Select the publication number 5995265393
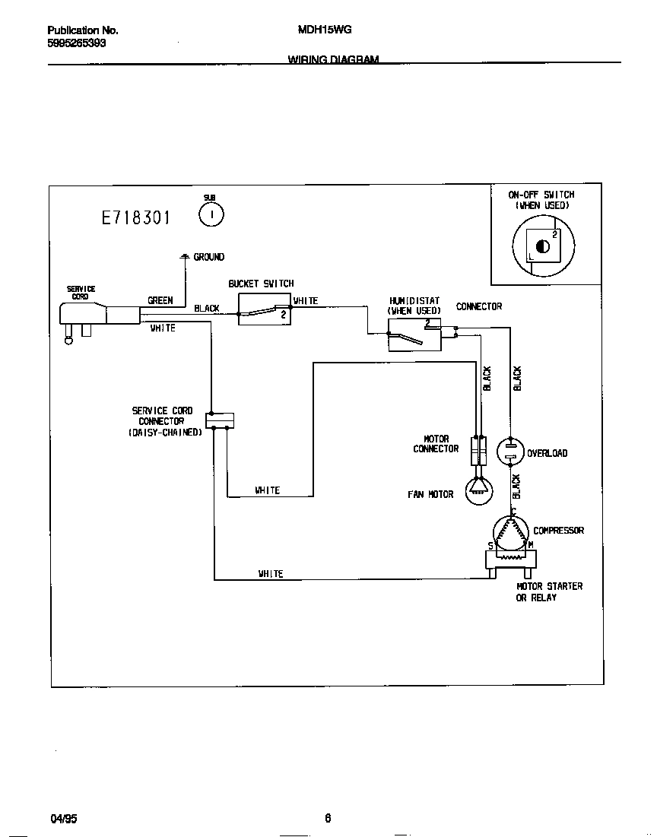coord(76,43)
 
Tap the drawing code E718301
coord(136,218)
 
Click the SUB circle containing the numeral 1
coord(211,216)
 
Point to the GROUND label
coord(208,257)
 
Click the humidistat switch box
coord(414,334)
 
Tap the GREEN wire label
coord(160,300)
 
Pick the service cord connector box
coord(220,420)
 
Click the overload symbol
coord(510,452)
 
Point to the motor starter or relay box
coord(510,561)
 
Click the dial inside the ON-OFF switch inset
coord(543,246)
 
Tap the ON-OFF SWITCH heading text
coord(541,195)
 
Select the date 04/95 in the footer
coord(64,819)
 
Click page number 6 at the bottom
coord(328,819)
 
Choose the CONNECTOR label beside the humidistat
coord(479,306)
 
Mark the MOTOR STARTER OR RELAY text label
coord(549,591)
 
